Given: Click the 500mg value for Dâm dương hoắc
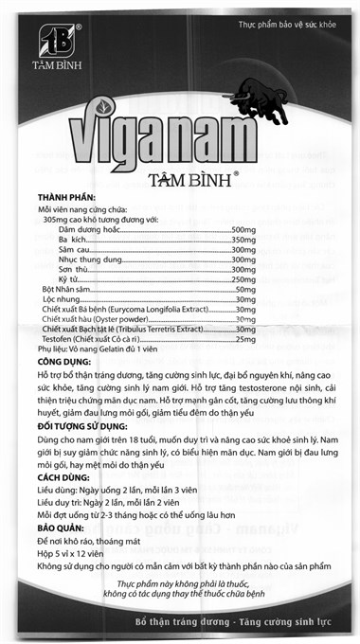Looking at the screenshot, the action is point(244,230).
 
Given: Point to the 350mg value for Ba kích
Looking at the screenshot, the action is point(244,243).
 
